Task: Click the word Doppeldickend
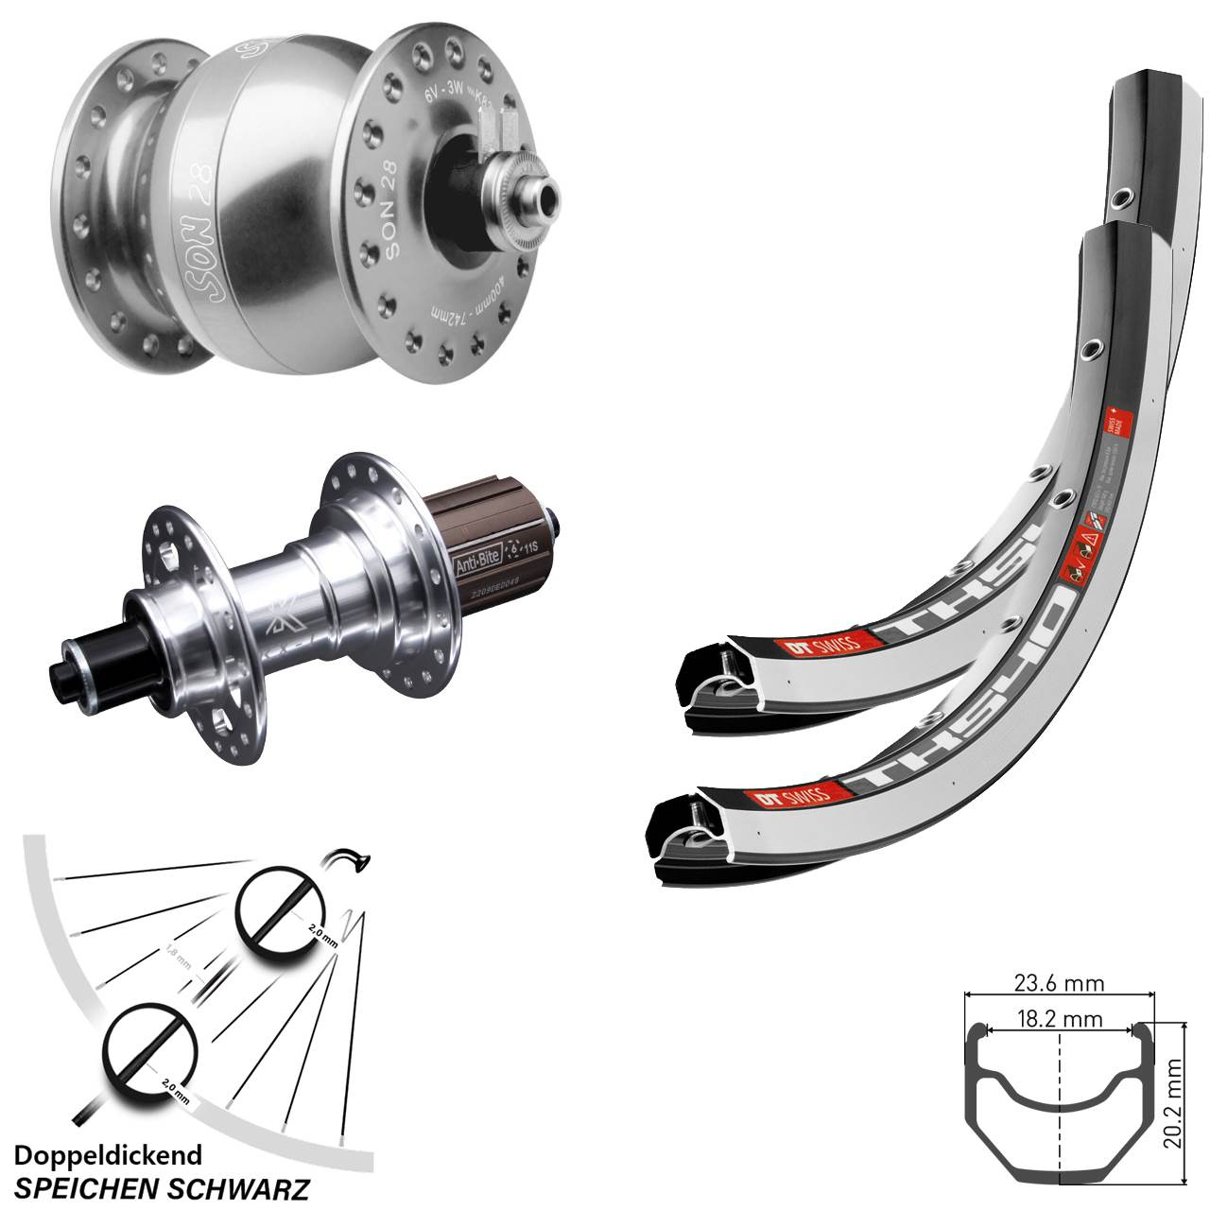[x=109, y=1154]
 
